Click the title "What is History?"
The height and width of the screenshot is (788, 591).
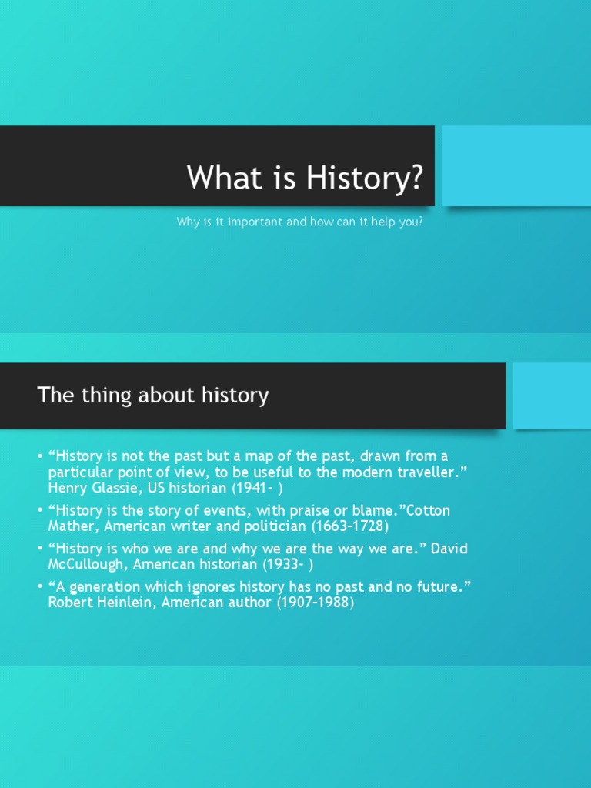pos(305,178)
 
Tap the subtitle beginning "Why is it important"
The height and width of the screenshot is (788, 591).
pos(299,222)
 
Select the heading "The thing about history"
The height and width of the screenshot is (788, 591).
pos(153,396)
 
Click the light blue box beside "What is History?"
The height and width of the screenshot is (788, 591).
pos(516,166)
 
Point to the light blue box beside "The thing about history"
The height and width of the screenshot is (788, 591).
pos(551,396)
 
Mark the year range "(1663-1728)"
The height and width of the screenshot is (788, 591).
pos(351,527)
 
